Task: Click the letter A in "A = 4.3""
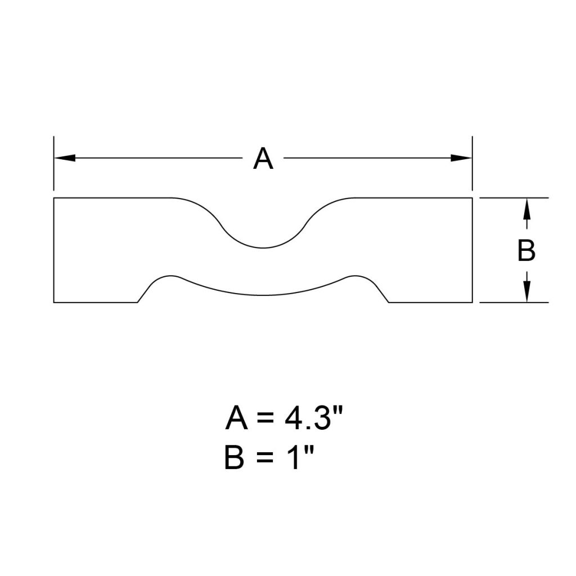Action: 237,419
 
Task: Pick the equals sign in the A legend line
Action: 268,420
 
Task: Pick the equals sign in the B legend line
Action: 264,460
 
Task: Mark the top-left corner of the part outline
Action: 54,198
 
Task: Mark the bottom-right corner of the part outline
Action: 471,303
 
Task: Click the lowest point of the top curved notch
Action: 263,247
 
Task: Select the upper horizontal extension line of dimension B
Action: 513,198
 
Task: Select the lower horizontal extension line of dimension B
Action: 513,303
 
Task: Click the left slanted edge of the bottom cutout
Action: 145,290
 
